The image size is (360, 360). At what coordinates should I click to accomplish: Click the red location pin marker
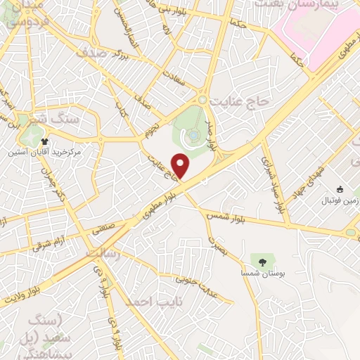[x=181, y=166]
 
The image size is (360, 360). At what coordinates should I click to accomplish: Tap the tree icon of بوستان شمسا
[x=262, y=262]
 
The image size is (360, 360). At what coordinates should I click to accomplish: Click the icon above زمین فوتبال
[x=340, y=189]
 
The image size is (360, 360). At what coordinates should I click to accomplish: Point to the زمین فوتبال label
[x=340, y=201]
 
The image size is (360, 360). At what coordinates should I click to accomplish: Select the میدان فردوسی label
[x=28, y=13]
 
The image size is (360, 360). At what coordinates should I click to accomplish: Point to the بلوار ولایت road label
[x=56, y=288]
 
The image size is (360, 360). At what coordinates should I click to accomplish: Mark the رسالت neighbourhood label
[x=103, y=252]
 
